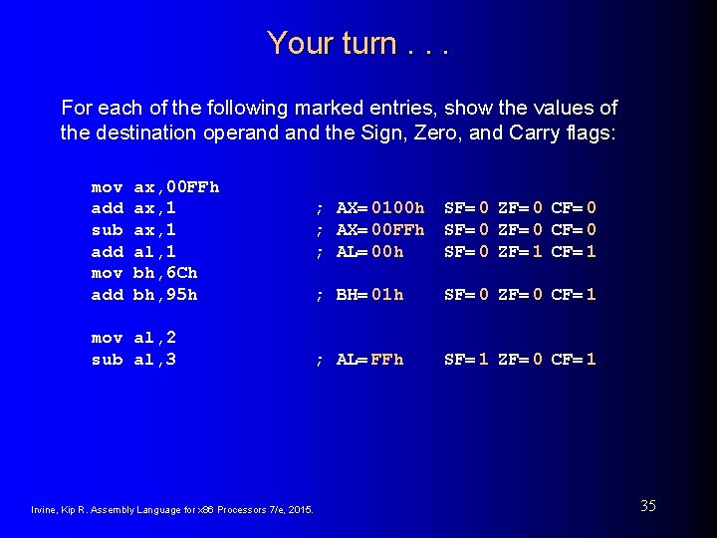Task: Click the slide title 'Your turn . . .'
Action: [358, 43]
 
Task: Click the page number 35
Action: [647, 506]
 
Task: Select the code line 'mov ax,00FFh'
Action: [155, 186]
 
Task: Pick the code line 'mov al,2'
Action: [133, 337]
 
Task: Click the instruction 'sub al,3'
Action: [133, 359]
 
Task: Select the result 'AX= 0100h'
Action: [380, 208]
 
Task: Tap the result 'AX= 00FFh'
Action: [380, 229]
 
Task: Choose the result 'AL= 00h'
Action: [369, 251]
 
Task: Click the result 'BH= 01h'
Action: [369, 294]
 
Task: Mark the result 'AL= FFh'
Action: [369, 359]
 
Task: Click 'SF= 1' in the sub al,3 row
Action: [466, 359]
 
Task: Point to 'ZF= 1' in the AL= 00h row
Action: [519, 251]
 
